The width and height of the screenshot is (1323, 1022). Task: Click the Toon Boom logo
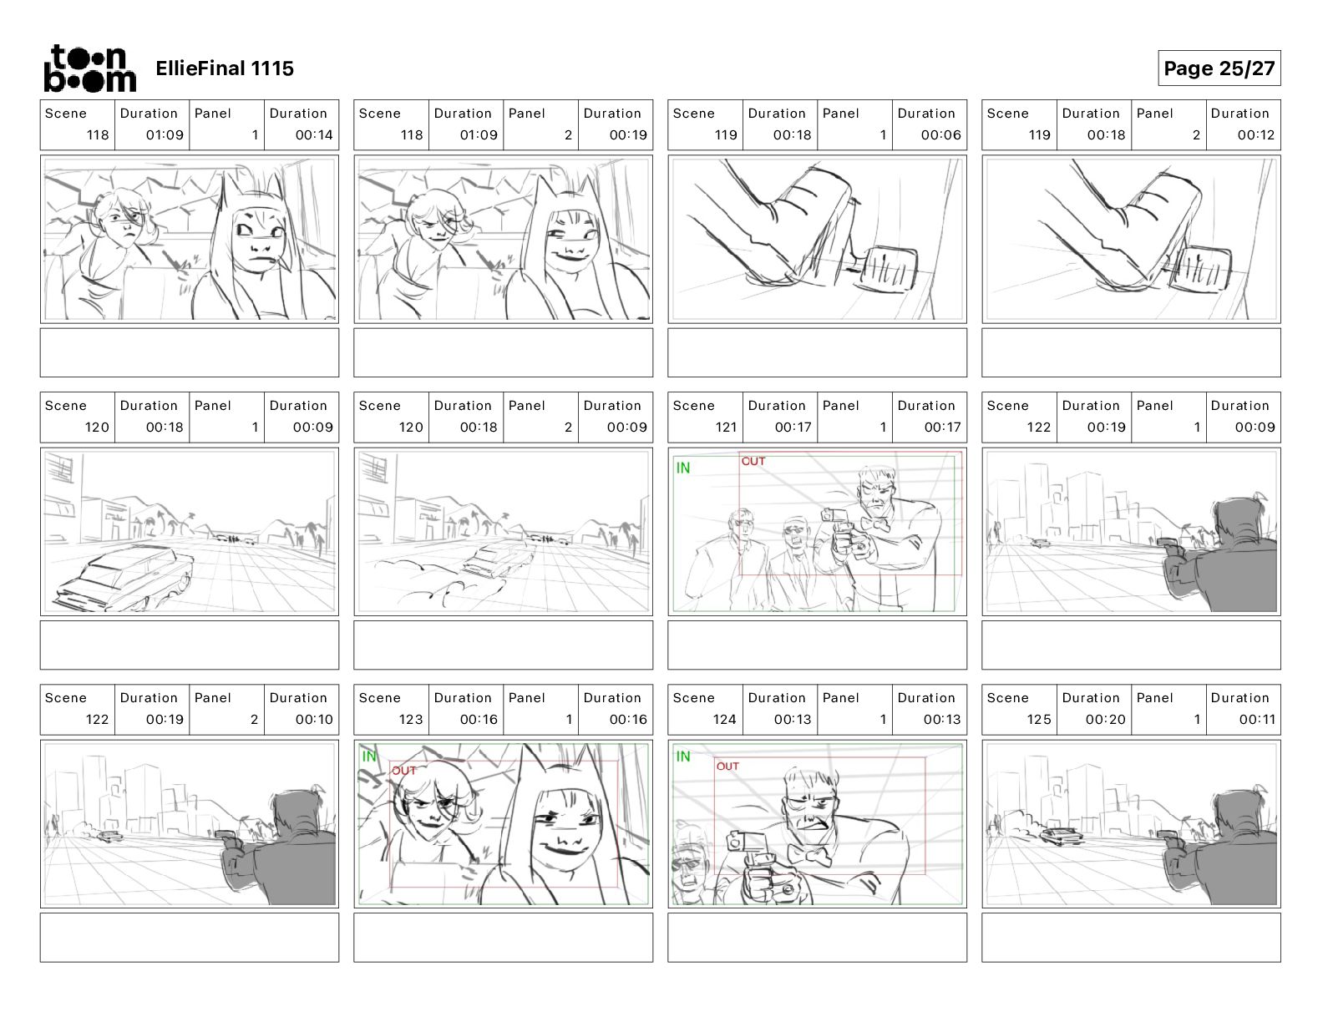tap(90, 68)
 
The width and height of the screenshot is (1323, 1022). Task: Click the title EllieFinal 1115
tap(225, 68)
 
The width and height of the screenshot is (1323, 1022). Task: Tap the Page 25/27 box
tap(1219, 68)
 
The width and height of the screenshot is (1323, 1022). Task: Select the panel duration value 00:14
tap(314, 134)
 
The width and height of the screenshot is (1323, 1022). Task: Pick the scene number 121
tap(726, 428)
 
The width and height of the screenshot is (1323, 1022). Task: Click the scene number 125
tap(1039, 720)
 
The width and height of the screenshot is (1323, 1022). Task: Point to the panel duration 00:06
tap(940, 134)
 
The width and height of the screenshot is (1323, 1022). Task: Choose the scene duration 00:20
tap(1106, 720)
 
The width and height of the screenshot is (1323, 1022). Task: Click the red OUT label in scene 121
tap(753, 462)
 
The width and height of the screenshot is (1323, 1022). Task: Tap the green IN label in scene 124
tap(683, 756)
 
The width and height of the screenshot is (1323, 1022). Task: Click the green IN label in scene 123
tap(369, 756)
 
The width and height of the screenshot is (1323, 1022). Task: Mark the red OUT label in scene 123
tap(403, 771)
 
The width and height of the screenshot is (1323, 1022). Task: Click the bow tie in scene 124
tap(809, 855)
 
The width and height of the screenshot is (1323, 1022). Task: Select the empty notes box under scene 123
tap(503, 938)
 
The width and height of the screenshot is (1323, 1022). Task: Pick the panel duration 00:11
tap(1257, 720)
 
